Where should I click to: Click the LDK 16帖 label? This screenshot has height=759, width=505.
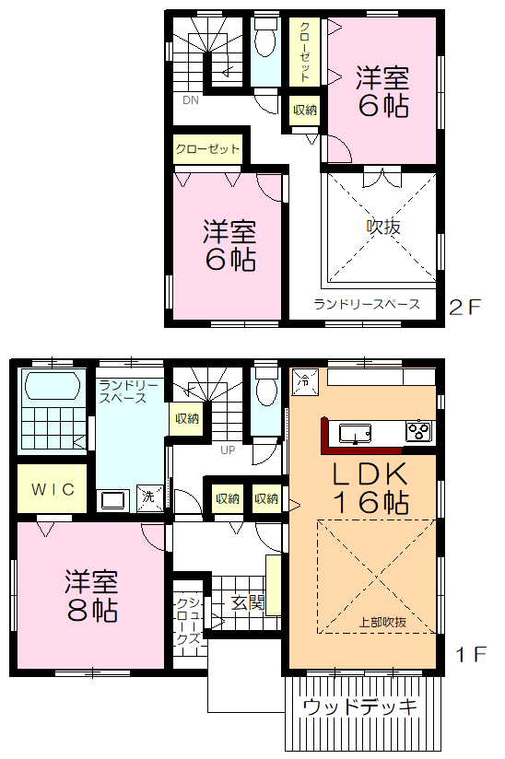pyautogui.click(x=370, y=488)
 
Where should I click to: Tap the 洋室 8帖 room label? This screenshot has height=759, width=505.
pyautogui.click(x=92, y=595)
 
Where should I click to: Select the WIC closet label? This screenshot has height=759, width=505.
pyautogui.click(x=53, y=489)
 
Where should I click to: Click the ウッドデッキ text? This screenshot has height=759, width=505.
pyautogui.click(x=359, y=707)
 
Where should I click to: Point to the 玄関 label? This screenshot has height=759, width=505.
pyautogui.click(x=247, y=602)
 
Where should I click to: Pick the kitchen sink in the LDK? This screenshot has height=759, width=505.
pyautogui.click(x=355, y=432)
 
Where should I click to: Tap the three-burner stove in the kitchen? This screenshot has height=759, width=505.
pyautogui.click(x=418, y=431)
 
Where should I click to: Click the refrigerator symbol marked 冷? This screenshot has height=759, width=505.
pyautogui.click(x=305, y=381)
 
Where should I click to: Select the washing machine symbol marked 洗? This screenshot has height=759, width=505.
pyautogui.click(x=148, y=496)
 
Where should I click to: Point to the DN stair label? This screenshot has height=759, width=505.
pyautogui.click(x=190, y=100)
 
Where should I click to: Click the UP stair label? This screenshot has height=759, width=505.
pyautogui.click(x=228, y=450)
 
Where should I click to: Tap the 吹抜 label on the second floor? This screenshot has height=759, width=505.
pyautogui.click(x=383, y=227)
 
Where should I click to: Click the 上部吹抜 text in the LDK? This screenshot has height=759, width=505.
pyautogui.click(x=382, y=622)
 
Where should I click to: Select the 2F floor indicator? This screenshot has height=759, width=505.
pyautogui.click(x=465, y=307)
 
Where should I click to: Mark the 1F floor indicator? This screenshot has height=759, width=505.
pyautogui.click(x=471, y=654)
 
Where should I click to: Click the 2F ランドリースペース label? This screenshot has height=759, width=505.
pyautogui.click(x=367, y=304)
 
